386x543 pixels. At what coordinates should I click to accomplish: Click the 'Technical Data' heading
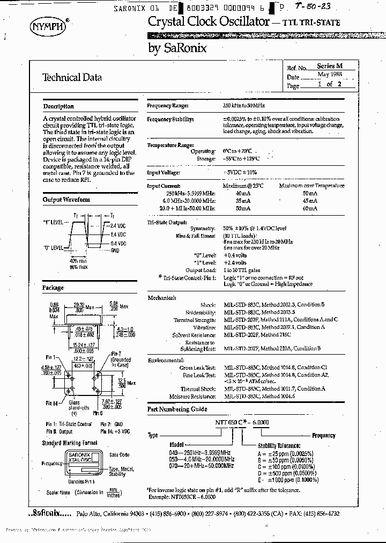(x=72, y=77)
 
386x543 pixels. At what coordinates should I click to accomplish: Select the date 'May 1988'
(x=328, y=75)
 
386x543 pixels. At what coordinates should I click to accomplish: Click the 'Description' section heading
(x=58, y=106)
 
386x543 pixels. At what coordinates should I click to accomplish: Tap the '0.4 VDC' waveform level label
(x=118, y=244)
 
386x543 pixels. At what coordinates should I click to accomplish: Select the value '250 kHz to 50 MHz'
(x=244, y=106)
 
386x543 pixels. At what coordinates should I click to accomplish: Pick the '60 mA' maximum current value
(x=310, y=208)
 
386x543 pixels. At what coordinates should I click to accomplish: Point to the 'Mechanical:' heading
(x=162, y=297)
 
